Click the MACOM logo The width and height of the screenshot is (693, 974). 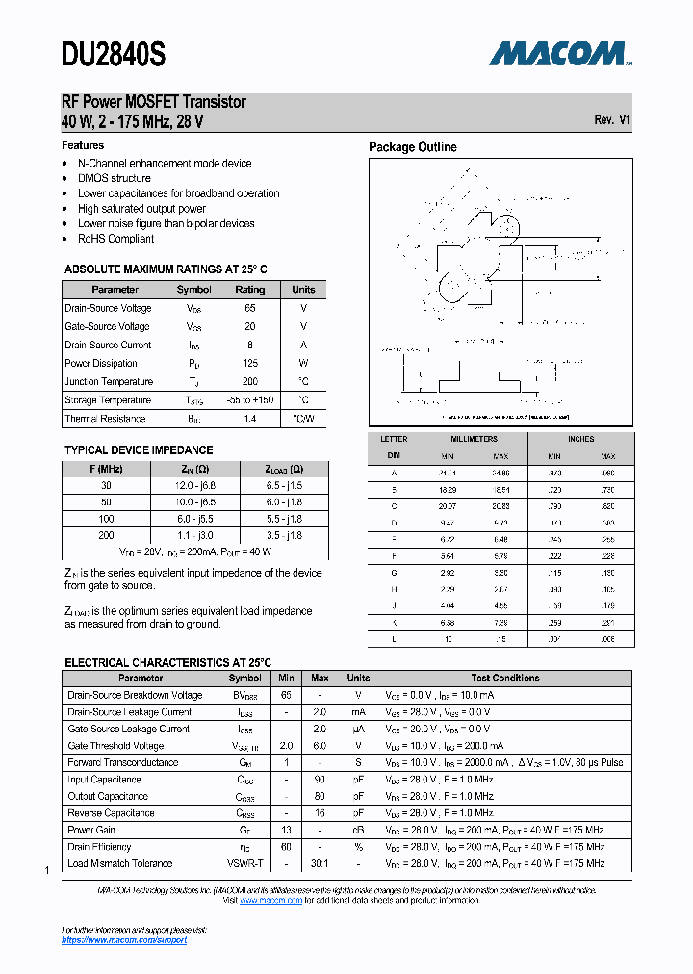[x=559, y=54]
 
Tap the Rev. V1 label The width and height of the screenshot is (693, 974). [x=612, y=120]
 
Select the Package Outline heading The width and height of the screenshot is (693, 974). [x=413, y=147]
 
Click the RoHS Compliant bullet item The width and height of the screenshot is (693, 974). [x=115, y=239]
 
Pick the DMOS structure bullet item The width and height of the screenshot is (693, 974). [x=114, y=178]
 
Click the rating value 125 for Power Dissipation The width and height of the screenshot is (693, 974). [x=250, y=364]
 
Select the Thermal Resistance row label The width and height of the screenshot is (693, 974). [x=105, y=419]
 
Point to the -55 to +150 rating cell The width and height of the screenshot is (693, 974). [x=250, y=400]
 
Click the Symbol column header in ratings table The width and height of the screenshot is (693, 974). [x=193, y=290]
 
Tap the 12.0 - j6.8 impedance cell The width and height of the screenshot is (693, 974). [x=195, y=486]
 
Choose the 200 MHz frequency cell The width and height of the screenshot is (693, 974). [x=106, y=534]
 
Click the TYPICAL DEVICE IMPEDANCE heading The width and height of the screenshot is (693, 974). [x=139, y=450]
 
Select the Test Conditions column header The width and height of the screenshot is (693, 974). [x=504, y=679]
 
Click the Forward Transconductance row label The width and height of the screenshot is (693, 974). [x=122, y=762]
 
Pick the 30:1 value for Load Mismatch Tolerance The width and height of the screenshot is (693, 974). [x=320, y=863]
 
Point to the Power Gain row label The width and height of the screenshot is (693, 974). [x=91, y=830]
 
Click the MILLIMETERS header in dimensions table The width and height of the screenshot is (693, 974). [x=474, y=439]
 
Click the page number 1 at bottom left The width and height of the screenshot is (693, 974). [x=47, y=871]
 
